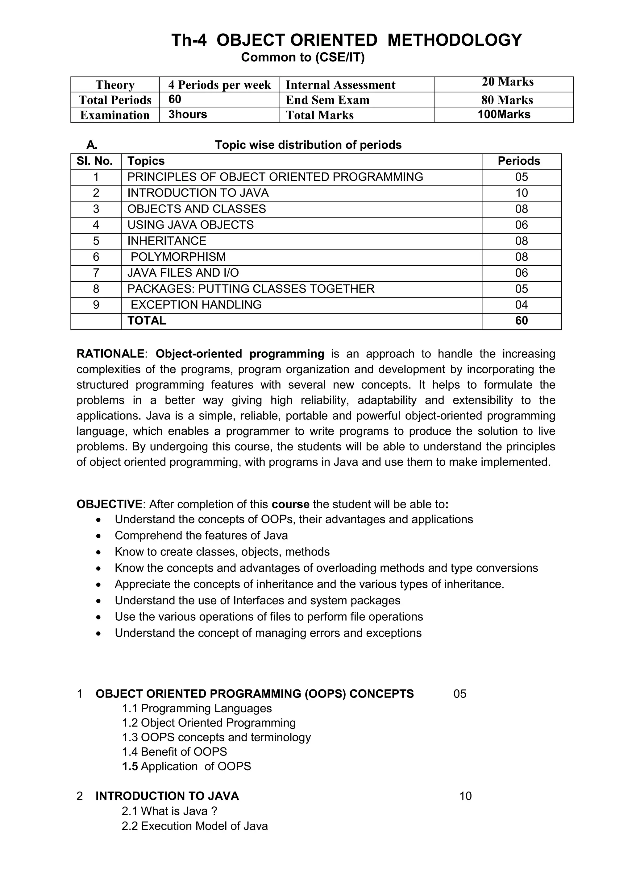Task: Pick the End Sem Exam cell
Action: point(327,100)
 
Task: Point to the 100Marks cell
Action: point(504,114)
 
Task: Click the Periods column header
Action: point(519,161)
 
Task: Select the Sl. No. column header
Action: point(95,161)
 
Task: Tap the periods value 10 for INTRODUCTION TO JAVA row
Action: point(522,193)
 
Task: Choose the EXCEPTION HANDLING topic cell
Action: point(196,305)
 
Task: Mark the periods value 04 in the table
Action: point(522,305)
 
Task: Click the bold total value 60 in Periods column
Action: point(522,321)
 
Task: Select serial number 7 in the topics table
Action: point(96,273)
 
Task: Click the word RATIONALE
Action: point(110,354)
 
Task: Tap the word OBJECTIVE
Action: point(110,504)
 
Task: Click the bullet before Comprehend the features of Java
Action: point(99,536)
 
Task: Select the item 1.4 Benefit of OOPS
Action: point(174,751)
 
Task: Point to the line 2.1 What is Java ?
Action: point(169,811)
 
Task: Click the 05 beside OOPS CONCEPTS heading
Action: point(459,694)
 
